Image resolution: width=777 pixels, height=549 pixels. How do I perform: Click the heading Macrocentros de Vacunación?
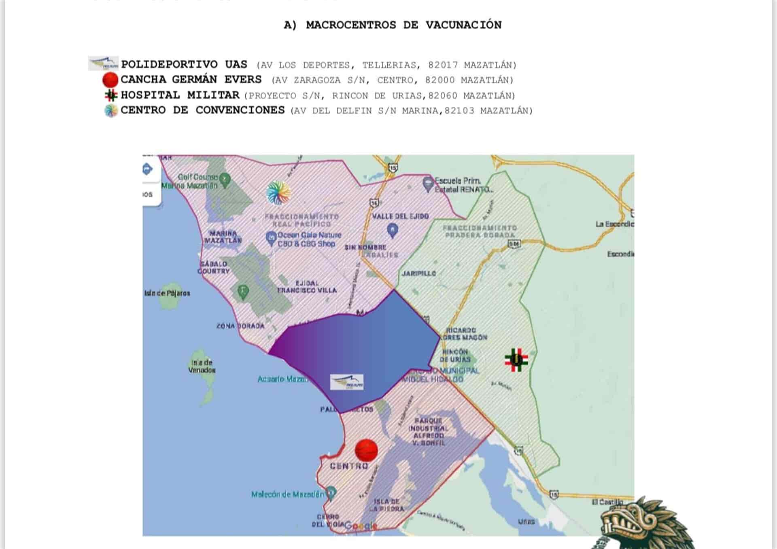[x=392, y=25]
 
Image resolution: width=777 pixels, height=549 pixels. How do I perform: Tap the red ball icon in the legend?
[x=110, y=80]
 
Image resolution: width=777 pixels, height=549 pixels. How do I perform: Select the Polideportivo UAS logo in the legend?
[x=104, y=64]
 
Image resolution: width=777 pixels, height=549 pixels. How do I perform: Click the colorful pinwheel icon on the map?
[x=278, y=193]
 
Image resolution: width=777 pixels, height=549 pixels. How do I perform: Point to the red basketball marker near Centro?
[x=366, y=450]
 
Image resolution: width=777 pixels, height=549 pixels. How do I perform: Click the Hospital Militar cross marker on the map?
[x=516, y=359]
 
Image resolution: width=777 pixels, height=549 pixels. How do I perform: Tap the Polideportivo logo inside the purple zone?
[x=347, y=382]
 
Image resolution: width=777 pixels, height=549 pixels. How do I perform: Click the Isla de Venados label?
[x=202, y=366]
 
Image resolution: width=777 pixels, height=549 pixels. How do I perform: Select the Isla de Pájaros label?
[x=167, y=293]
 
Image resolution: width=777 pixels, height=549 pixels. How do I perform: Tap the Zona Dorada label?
[x=240, y=326]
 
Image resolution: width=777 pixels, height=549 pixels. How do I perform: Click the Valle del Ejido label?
[x=400, y=216]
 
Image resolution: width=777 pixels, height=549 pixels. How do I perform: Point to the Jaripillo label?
[x=419, y=273]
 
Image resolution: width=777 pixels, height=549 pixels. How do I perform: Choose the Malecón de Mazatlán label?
[x=287, y=494]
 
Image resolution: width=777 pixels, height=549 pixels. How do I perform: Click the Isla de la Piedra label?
[x=386, y=505]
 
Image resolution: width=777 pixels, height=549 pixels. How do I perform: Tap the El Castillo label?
[x=607, y=502]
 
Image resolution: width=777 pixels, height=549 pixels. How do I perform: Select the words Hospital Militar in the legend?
[x=180, y=95]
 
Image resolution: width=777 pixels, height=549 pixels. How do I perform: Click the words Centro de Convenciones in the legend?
[x=202, y=110]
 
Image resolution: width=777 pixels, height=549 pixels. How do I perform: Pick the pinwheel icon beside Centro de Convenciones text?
[x=110, y=110]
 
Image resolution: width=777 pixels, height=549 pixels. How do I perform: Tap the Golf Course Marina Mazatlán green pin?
[x=225, y=178]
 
